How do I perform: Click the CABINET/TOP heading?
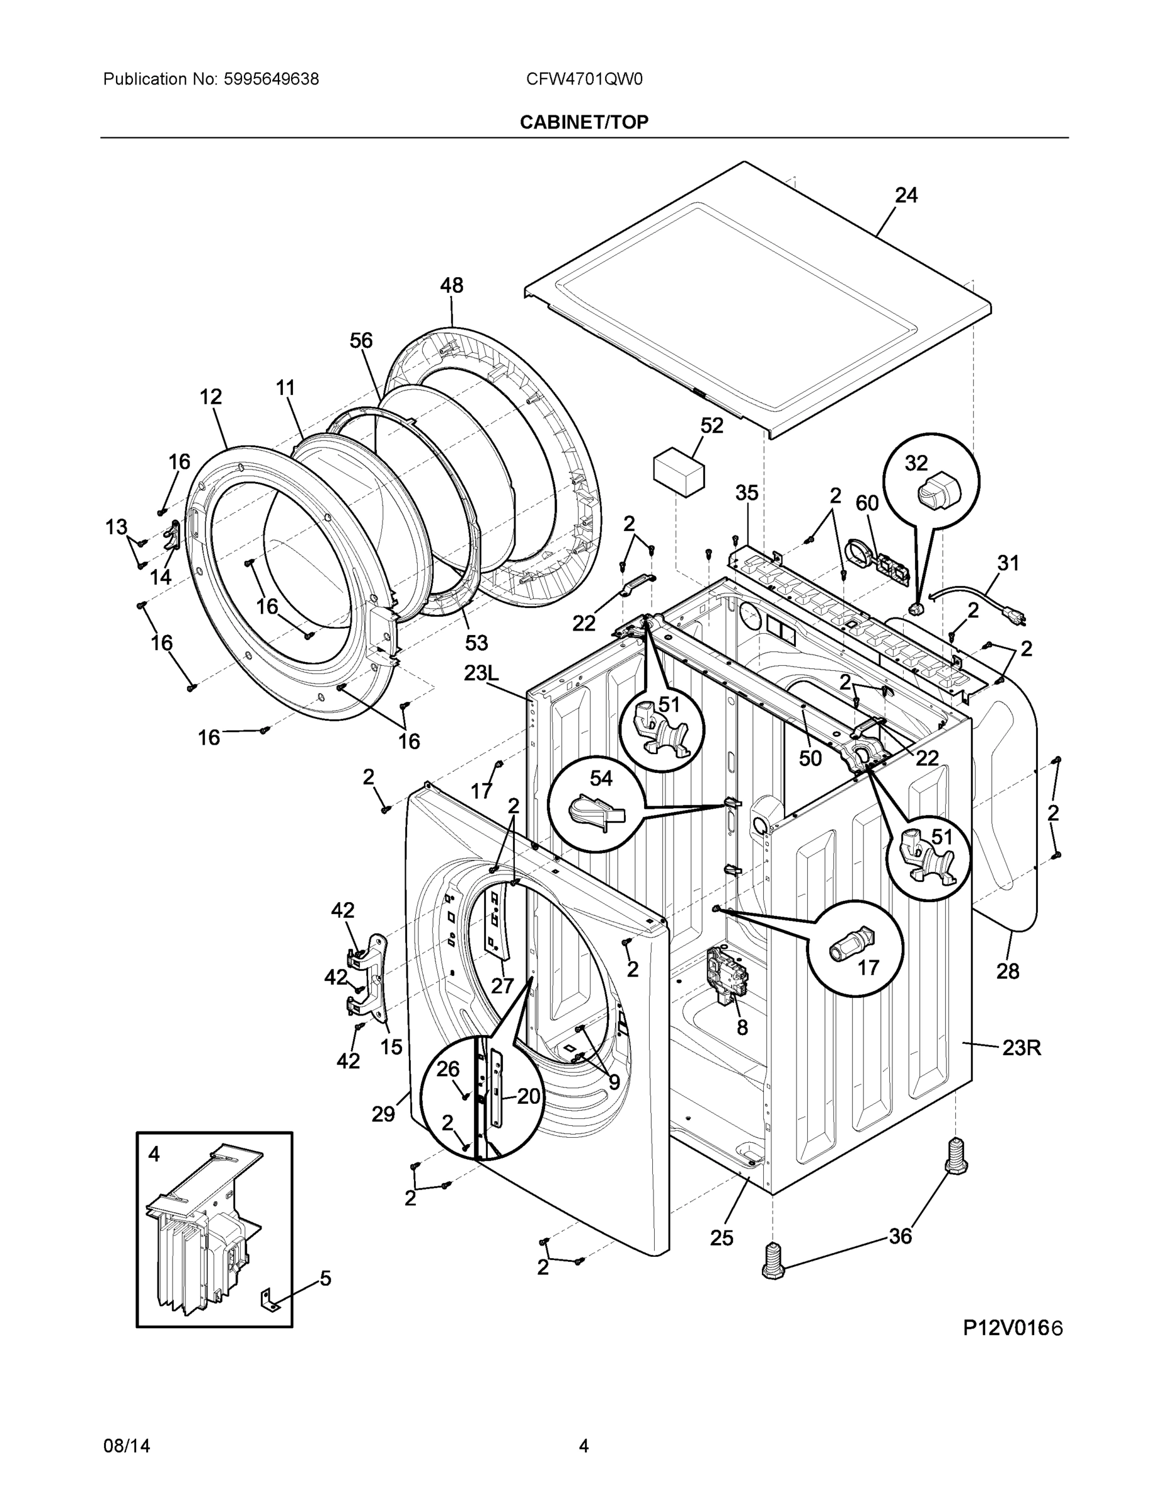click(584, 123)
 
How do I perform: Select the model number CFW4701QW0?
click(584, 79)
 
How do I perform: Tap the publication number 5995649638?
click(271, 79)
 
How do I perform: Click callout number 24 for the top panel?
click(906, 196)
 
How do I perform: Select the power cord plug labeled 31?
click(1015, 619)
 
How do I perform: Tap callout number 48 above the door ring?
click(452, 285)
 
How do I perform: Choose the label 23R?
click(1022, 1048)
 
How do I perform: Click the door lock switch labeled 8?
click(728, 975)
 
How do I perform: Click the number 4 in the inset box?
click(154, 1154)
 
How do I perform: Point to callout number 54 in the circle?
click(601, 779)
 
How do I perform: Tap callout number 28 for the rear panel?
click(1008, 971)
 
